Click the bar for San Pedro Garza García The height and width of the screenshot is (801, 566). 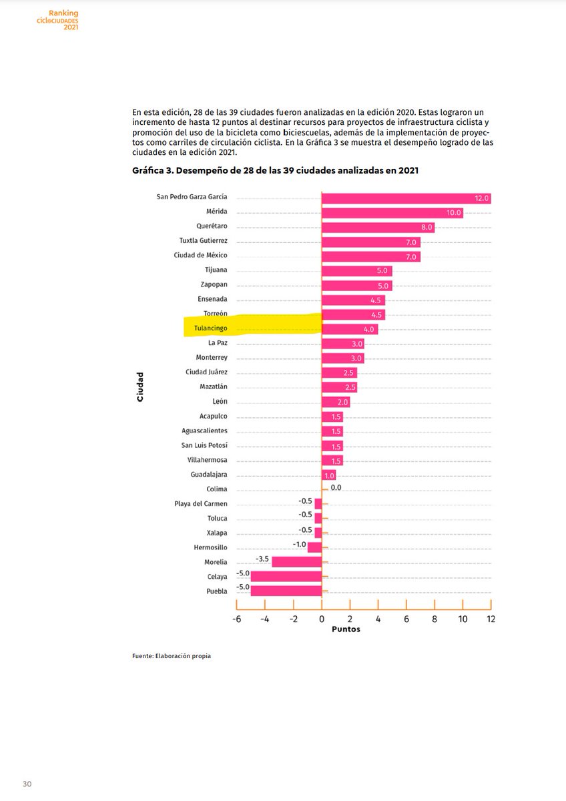point(406,198)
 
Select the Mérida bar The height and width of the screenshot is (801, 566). point(392,212)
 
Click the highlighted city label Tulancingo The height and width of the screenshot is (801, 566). point(206,329)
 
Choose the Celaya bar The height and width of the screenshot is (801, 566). point(286,577)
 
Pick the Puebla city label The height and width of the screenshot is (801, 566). point(216,591)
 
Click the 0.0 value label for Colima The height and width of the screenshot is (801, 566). point(336,488)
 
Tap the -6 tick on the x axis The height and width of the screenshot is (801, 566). point(236,619)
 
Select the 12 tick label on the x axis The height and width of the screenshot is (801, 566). point(491,619)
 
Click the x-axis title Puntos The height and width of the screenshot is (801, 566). point(346,629)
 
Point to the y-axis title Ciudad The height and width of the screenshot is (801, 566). point(140,387)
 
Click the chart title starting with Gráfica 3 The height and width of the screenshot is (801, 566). point(275,171)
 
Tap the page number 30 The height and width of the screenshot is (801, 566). point(27,784)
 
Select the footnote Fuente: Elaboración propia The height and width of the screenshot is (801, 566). point(172,656)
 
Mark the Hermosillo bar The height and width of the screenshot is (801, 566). point(314,547)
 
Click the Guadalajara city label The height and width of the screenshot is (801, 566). point(208,475)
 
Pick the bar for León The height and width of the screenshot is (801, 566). point(335,402)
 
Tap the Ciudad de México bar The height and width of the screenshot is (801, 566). point(370,256)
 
